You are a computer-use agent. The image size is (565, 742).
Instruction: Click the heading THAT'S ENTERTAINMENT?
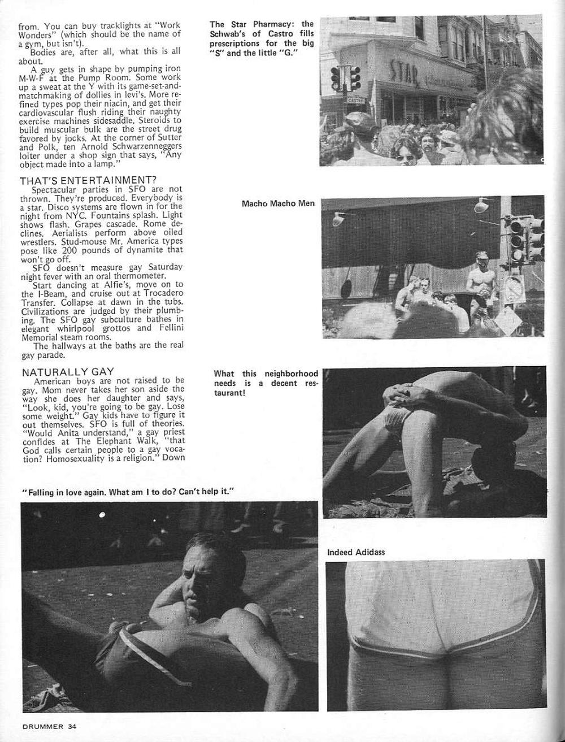point(88,181)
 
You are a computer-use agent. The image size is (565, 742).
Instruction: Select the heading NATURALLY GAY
point(68,372)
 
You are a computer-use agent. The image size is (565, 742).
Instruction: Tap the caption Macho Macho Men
point(278,203)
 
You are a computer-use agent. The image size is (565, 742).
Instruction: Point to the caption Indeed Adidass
point(356,552)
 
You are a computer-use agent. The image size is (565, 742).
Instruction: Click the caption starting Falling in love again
point(128,492)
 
